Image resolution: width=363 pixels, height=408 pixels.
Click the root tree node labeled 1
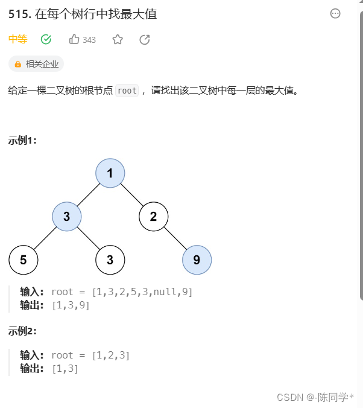110,173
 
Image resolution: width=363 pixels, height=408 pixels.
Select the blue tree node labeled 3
67,217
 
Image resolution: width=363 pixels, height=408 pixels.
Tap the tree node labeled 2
154,217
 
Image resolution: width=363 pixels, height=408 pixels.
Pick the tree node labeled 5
24,260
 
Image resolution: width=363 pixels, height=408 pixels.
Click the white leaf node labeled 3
110,260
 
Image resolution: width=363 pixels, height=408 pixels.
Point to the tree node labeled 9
197,260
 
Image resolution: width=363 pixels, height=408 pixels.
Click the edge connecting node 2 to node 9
175,238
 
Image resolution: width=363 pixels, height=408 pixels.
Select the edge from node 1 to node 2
132,195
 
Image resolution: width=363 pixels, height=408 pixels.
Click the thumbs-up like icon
75,39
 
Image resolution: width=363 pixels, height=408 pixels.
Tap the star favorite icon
118,39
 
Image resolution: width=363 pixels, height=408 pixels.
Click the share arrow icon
145,39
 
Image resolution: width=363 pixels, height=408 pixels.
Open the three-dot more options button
335,14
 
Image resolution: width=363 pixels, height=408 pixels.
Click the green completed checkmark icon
46,39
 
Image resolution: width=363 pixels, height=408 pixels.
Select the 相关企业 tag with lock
36,64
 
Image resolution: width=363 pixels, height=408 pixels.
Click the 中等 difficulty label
17,39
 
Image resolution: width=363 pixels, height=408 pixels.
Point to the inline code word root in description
127,91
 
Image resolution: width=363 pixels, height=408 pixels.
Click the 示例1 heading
22,141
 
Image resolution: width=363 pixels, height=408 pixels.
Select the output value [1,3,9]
71,305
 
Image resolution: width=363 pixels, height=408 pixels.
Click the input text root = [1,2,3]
90,355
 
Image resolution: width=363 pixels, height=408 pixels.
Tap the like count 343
89,40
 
